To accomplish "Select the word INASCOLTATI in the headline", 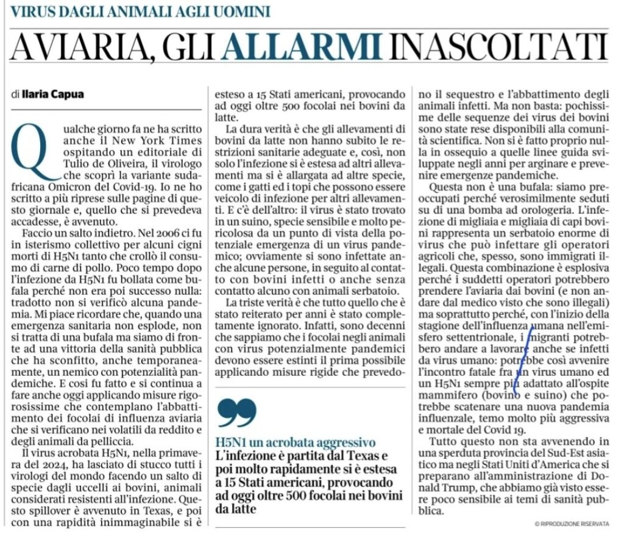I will pyautogui.click(x=499, y=47).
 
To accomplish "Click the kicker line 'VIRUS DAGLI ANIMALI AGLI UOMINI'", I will pyautogui.click(x=141, y=11).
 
